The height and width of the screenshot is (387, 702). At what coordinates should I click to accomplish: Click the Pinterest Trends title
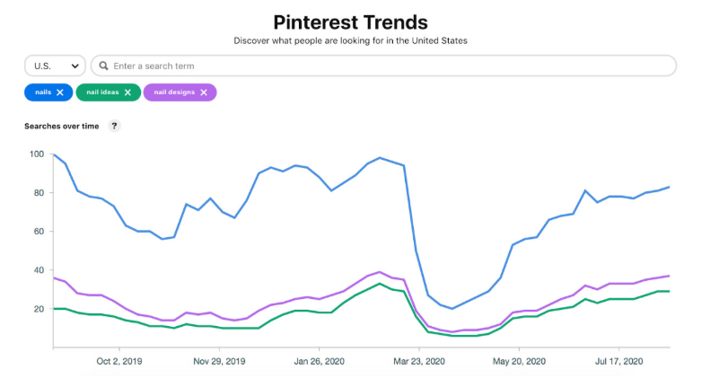(x=350, y=22)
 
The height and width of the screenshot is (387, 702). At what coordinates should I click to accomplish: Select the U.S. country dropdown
(x=54, y=66)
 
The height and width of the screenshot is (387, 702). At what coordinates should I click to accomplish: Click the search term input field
(x=386, y=66)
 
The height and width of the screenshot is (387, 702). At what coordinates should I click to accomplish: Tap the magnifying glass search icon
(x=104, y=66)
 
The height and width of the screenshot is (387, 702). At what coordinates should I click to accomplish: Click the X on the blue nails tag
(x=60, y=92)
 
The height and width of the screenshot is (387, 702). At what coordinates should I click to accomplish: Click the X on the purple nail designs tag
(x=204, y=92)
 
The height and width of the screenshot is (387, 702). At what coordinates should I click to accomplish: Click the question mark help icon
(x=114, y=126)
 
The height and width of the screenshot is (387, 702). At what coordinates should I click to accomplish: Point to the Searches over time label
(x=62, y=126)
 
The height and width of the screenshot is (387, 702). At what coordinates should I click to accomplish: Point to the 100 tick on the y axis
(x=36, y=154)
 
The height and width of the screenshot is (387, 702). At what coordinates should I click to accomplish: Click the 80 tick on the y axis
(x=38, y=193)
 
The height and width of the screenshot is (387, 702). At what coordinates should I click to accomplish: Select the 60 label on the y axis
(x=38, y=232)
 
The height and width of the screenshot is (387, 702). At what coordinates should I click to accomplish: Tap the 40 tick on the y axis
(x=38, y=270)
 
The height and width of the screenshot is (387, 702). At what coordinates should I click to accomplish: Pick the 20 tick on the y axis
(x=38, y=309)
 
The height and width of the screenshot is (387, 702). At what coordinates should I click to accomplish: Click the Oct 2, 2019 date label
(x=118, y=361)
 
